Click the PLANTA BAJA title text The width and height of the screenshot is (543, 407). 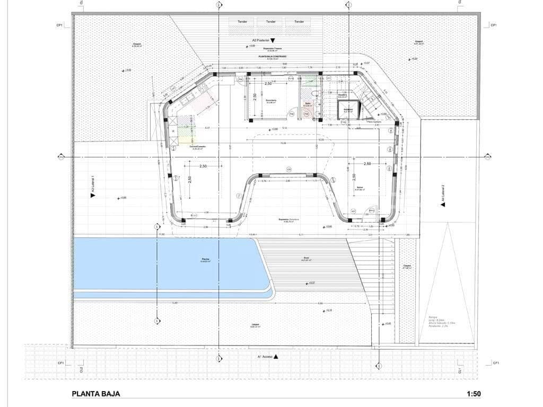point(96,394)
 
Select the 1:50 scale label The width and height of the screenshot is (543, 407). point(474,394)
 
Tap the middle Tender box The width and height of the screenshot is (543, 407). point(271,22)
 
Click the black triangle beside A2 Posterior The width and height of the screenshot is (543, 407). point(273,40)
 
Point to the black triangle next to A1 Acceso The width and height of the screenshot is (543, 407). point(276,357)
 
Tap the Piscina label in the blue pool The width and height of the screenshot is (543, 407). point(205,260)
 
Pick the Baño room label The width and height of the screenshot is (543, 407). point(309,104)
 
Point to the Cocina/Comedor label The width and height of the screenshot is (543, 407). point(197,147)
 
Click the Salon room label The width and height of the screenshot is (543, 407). point(359,188)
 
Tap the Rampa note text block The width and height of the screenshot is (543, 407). point(437,322)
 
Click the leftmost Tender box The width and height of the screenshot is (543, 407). point(242,22)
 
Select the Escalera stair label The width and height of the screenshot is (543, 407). point(343,95)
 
